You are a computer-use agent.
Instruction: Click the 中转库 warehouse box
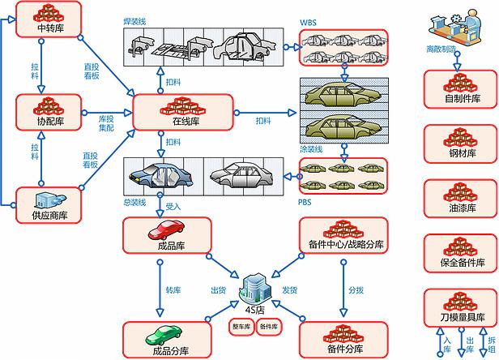(49, 19)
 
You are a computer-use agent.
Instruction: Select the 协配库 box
(49, 112)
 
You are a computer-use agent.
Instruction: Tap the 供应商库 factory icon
(50, 200)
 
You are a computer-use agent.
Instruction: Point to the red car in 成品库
(166, 230)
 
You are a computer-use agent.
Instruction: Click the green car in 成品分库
(164, 335)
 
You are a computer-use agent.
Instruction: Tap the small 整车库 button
(241, 327)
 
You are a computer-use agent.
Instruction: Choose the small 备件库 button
(269, 327)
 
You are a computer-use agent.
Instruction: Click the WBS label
(308, 23)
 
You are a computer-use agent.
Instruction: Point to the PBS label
(305, 203)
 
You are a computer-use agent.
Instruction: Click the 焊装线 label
(134, 21)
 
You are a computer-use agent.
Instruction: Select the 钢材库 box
(460, 144)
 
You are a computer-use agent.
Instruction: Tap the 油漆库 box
(460, 199)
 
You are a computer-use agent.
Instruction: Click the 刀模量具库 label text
(463, 317)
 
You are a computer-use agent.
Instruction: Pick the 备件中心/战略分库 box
(343, 236)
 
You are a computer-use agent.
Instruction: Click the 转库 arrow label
(173, 290)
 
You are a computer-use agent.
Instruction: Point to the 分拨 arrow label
(356, 290)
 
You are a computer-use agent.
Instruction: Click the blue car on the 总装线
(160, 176)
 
